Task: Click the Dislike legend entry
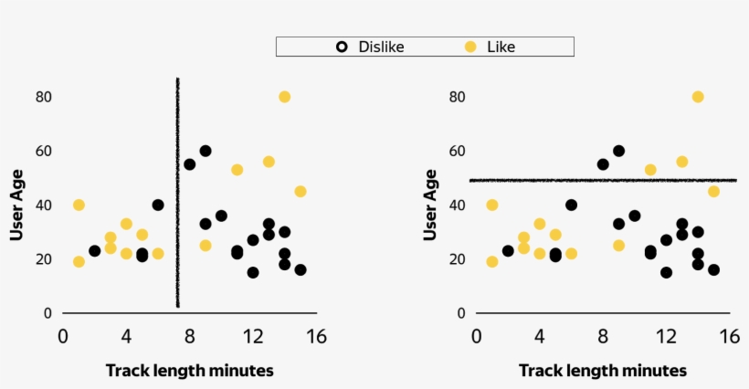pos(370,47)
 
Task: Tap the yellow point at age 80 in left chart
pos(285,97)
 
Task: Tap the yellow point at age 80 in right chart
pos(698,97)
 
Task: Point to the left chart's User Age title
pos(16,205)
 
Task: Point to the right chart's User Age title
pos(429,205)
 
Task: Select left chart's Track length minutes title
pos(190,370)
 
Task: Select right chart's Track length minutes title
pos(603,370)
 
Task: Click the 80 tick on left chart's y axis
pos(42,97)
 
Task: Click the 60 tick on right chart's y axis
pos(458,151)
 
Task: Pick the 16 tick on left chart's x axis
pos(316,336)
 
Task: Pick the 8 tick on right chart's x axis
pos(603,336)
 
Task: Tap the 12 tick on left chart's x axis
pos(253,336)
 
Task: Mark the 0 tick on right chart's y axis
pos(461,313)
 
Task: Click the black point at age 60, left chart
pos(206,151)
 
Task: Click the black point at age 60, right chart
pos(618,151)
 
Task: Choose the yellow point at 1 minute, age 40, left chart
pos(79,205)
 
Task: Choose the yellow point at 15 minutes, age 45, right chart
pos(713,192)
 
